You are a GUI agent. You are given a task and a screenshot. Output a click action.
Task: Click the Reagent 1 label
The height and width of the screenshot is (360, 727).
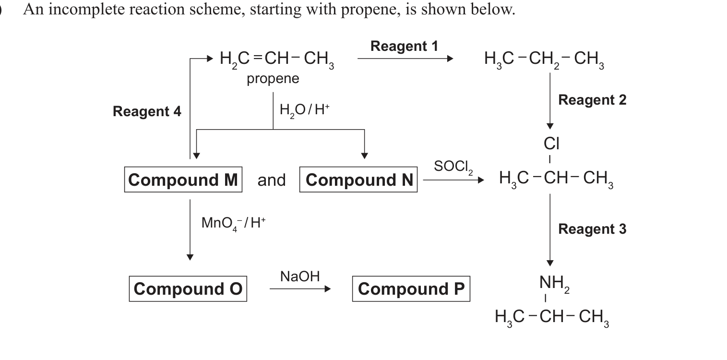404,46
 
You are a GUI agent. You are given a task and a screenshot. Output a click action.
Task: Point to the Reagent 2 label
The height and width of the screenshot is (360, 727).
592,100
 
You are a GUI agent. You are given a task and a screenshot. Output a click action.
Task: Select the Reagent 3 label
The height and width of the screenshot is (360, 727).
592,229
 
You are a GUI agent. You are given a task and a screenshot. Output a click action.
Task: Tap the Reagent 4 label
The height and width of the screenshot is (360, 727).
147,111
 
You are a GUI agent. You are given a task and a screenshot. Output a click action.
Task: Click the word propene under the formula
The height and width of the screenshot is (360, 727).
273,79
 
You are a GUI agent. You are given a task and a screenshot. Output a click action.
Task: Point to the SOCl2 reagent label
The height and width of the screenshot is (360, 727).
453,167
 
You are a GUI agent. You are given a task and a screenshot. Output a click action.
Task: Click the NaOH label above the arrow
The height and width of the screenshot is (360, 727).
300,276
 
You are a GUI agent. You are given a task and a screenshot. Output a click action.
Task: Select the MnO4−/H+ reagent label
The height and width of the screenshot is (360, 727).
233,223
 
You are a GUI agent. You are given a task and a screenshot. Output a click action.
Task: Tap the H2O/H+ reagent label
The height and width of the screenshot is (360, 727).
304,110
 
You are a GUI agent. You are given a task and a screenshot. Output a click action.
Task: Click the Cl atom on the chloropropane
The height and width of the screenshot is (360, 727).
551,144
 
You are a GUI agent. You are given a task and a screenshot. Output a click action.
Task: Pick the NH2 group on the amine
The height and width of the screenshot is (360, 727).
554,283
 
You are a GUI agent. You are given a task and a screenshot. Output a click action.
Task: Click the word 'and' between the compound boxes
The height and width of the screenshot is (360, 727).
272,180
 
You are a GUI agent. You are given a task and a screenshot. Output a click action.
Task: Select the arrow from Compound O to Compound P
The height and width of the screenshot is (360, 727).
300,289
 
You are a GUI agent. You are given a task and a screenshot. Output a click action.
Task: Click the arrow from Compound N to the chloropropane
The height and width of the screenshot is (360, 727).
453,180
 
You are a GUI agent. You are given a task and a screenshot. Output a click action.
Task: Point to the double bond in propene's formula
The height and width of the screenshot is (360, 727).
258,58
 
